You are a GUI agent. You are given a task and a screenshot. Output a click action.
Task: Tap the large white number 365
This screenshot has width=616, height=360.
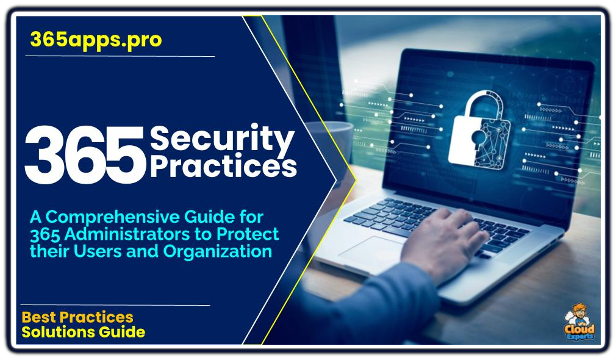click(85, 155)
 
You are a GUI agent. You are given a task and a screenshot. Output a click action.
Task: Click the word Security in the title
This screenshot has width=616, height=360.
click(222, 139)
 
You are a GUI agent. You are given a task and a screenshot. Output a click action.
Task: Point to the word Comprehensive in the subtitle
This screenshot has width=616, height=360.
click(112, 218)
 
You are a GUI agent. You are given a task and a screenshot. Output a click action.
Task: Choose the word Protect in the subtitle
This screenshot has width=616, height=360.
click(248, 234)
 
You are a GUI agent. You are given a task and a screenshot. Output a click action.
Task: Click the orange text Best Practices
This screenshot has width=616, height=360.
click(77, 317)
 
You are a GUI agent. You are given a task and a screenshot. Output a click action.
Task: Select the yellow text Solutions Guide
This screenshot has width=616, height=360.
click(84, 332)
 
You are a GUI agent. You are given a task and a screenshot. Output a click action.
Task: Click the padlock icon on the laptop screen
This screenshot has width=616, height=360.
click(479, 130)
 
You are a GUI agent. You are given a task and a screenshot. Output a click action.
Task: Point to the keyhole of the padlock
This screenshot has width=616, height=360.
click(478, 139)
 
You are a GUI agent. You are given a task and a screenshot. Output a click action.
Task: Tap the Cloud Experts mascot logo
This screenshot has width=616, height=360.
click(579, 322)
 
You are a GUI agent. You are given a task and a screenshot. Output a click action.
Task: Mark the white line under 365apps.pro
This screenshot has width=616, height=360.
click(120, 56)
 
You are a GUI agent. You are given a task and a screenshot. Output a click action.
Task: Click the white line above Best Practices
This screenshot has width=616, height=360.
click(115, 305)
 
